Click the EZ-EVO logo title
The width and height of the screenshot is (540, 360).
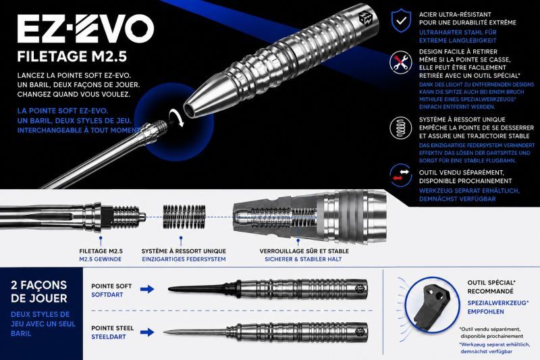click(86, 29)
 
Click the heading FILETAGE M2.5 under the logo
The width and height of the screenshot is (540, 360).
click(72, 57)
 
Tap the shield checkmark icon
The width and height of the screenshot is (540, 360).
click(401, 21)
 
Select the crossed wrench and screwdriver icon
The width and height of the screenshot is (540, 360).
click(400, 62)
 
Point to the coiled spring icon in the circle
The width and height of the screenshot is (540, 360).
click(400, 128)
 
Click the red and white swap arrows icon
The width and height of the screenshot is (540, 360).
click(400, 175)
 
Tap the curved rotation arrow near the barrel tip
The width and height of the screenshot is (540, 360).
click(176, 118)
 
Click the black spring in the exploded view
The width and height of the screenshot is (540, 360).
click(184, 217)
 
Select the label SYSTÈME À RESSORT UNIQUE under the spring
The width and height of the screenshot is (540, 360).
click(184, 251)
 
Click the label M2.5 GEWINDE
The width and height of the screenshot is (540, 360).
click(100, 259)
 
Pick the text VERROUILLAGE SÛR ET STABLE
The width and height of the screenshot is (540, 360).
click(304, 251)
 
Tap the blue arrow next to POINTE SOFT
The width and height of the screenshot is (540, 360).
click(147, 289)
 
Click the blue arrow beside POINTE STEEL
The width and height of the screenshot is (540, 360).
click(147, 332)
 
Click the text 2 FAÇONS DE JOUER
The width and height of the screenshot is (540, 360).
click(39, 292)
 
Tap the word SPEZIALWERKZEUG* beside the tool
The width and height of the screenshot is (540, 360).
click(497, 303)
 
